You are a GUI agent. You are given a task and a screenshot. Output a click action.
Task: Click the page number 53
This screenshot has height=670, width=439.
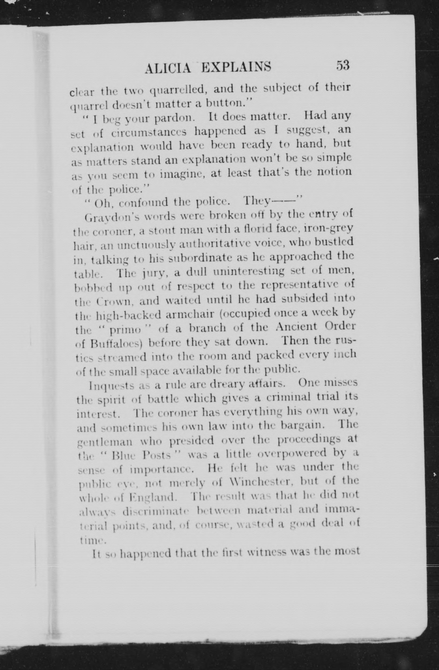[342, 66]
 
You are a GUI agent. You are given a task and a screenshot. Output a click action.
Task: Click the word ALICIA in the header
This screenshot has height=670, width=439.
[168, 68]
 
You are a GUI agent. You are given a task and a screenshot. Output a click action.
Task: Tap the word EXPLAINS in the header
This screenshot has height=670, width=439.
[237, 67]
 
